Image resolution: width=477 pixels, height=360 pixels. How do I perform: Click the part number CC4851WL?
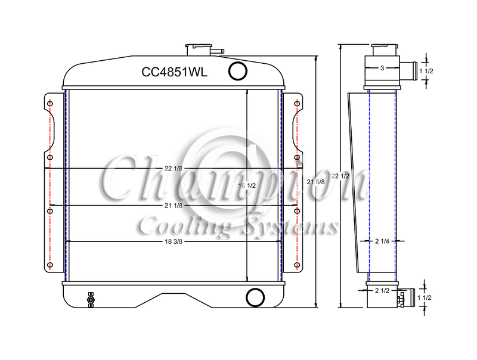pyautogui.click(x=174, y=72)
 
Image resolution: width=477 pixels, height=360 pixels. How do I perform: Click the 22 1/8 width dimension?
pyautogui.click(x=174, y=169)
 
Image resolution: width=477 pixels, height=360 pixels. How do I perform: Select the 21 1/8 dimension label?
pyautogui.click(x=174, y=206)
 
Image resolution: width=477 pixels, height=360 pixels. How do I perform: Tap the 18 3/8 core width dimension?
pyautogui.click(x=174, y=242)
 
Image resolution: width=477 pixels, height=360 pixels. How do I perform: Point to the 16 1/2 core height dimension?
pyautogui.click(x=247, y=185)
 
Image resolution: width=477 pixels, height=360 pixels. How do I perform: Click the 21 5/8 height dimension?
pyautogui.click(x=316, y=182)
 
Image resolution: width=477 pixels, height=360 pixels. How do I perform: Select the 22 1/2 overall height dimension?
pyautogui.click(x=340, y=176)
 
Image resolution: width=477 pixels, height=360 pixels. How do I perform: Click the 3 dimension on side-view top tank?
pyautogui.click(x=382, y=68)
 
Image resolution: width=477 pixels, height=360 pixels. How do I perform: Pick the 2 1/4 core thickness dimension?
pyautogui.click(x=382, y=241)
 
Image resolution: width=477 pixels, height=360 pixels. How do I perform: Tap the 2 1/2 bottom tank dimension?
pyautogui.click(x=382, y=291)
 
